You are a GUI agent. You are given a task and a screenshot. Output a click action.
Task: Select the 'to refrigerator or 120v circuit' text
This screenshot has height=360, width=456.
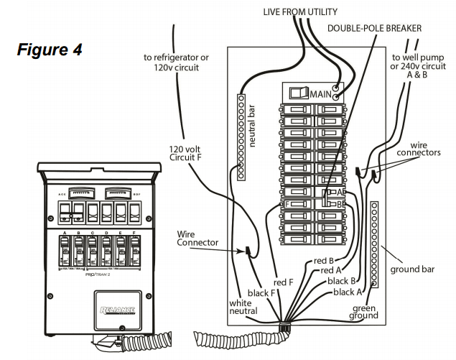(x=177, y=63)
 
